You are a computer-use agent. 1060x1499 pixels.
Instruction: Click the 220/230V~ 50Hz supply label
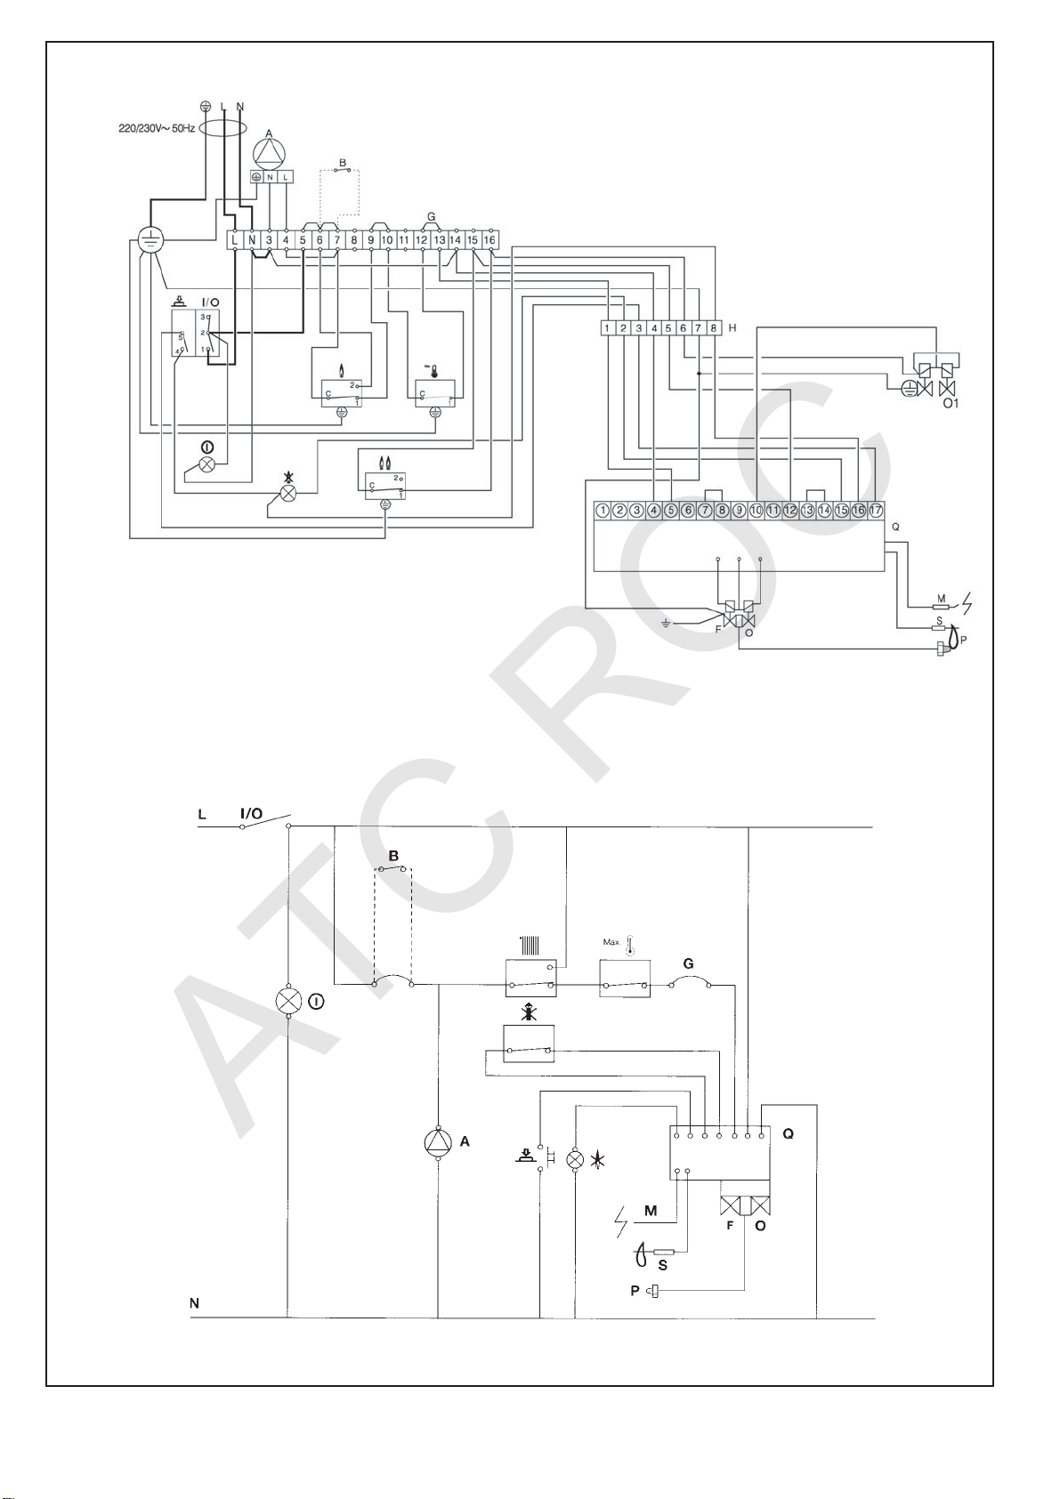157,128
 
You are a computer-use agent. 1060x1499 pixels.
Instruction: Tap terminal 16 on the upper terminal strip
490,239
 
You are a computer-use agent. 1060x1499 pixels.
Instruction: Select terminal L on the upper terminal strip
234,239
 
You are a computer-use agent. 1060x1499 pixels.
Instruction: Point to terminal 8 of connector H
713,328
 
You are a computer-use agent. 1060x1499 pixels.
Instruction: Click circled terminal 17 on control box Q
876,511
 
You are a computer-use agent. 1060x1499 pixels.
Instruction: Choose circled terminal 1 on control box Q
603,511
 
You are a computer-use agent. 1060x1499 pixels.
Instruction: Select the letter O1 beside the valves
951,403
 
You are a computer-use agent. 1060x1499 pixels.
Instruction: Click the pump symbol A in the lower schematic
438,1142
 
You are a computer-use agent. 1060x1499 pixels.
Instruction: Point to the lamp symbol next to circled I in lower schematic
288,1001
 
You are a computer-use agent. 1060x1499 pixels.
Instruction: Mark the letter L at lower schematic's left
202,814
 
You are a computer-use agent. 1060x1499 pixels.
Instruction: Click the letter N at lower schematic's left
194,1303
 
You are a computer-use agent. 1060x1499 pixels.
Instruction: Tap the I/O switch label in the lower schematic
252,813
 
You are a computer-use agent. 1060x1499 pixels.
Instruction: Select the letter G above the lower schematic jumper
688,963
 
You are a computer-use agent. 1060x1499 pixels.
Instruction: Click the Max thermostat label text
611,941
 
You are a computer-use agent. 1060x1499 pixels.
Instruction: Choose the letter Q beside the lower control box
788,1134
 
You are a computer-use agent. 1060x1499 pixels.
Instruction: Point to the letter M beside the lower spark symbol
651,1210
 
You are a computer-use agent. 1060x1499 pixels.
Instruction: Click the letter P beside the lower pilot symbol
635,1290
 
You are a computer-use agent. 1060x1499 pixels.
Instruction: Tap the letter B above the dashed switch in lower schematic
393,856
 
